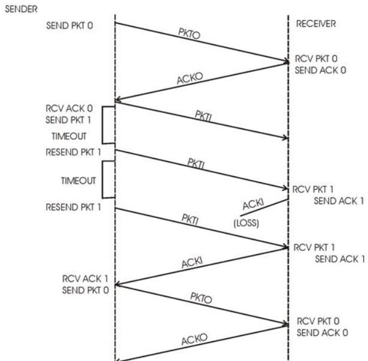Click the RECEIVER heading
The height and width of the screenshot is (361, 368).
(x=316, y=25)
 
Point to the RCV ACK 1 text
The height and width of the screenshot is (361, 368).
(x=82, y=279)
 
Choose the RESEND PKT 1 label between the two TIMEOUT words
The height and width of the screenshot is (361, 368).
(x=74, y=152)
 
